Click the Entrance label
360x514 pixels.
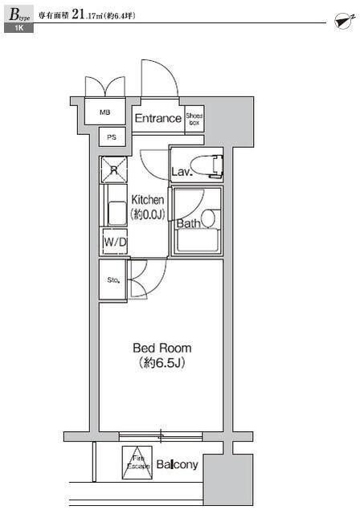[158, 118]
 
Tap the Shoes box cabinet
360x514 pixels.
[194, 120]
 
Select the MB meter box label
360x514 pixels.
[105, 112]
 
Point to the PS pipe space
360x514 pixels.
[112, 137]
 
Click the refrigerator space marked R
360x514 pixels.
[114, 169]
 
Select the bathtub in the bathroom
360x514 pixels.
[197, 240]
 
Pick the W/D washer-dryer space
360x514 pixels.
[115, 242]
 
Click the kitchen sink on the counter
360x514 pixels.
[117, 213]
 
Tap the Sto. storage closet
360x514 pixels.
[112, 279]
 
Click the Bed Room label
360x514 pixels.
[162, 348]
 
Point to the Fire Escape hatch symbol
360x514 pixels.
[137, 463]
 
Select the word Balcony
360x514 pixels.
[177, 464]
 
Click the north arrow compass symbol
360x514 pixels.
[345, 21]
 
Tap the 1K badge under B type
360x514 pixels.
[18, 28]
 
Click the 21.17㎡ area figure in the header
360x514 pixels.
[87, 14]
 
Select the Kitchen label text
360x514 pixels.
[148, 199]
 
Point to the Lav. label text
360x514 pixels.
[182, 171]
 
